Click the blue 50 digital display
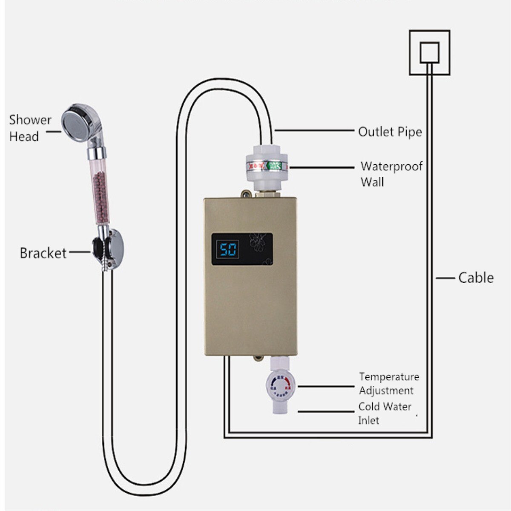[x=228, y=249]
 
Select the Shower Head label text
[x=30, y=128]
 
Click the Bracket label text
[x=43, y=253]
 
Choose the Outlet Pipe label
[x=390, y=132]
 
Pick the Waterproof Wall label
[x=391, y=174]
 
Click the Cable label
[x=476, y=278]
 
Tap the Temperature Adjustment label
[x=389, y=383]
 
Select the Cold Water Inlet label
[x=385, y=413]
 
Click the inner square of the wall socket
[x=429, y=52]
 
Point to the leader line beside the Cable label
[x=445, y=278]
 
